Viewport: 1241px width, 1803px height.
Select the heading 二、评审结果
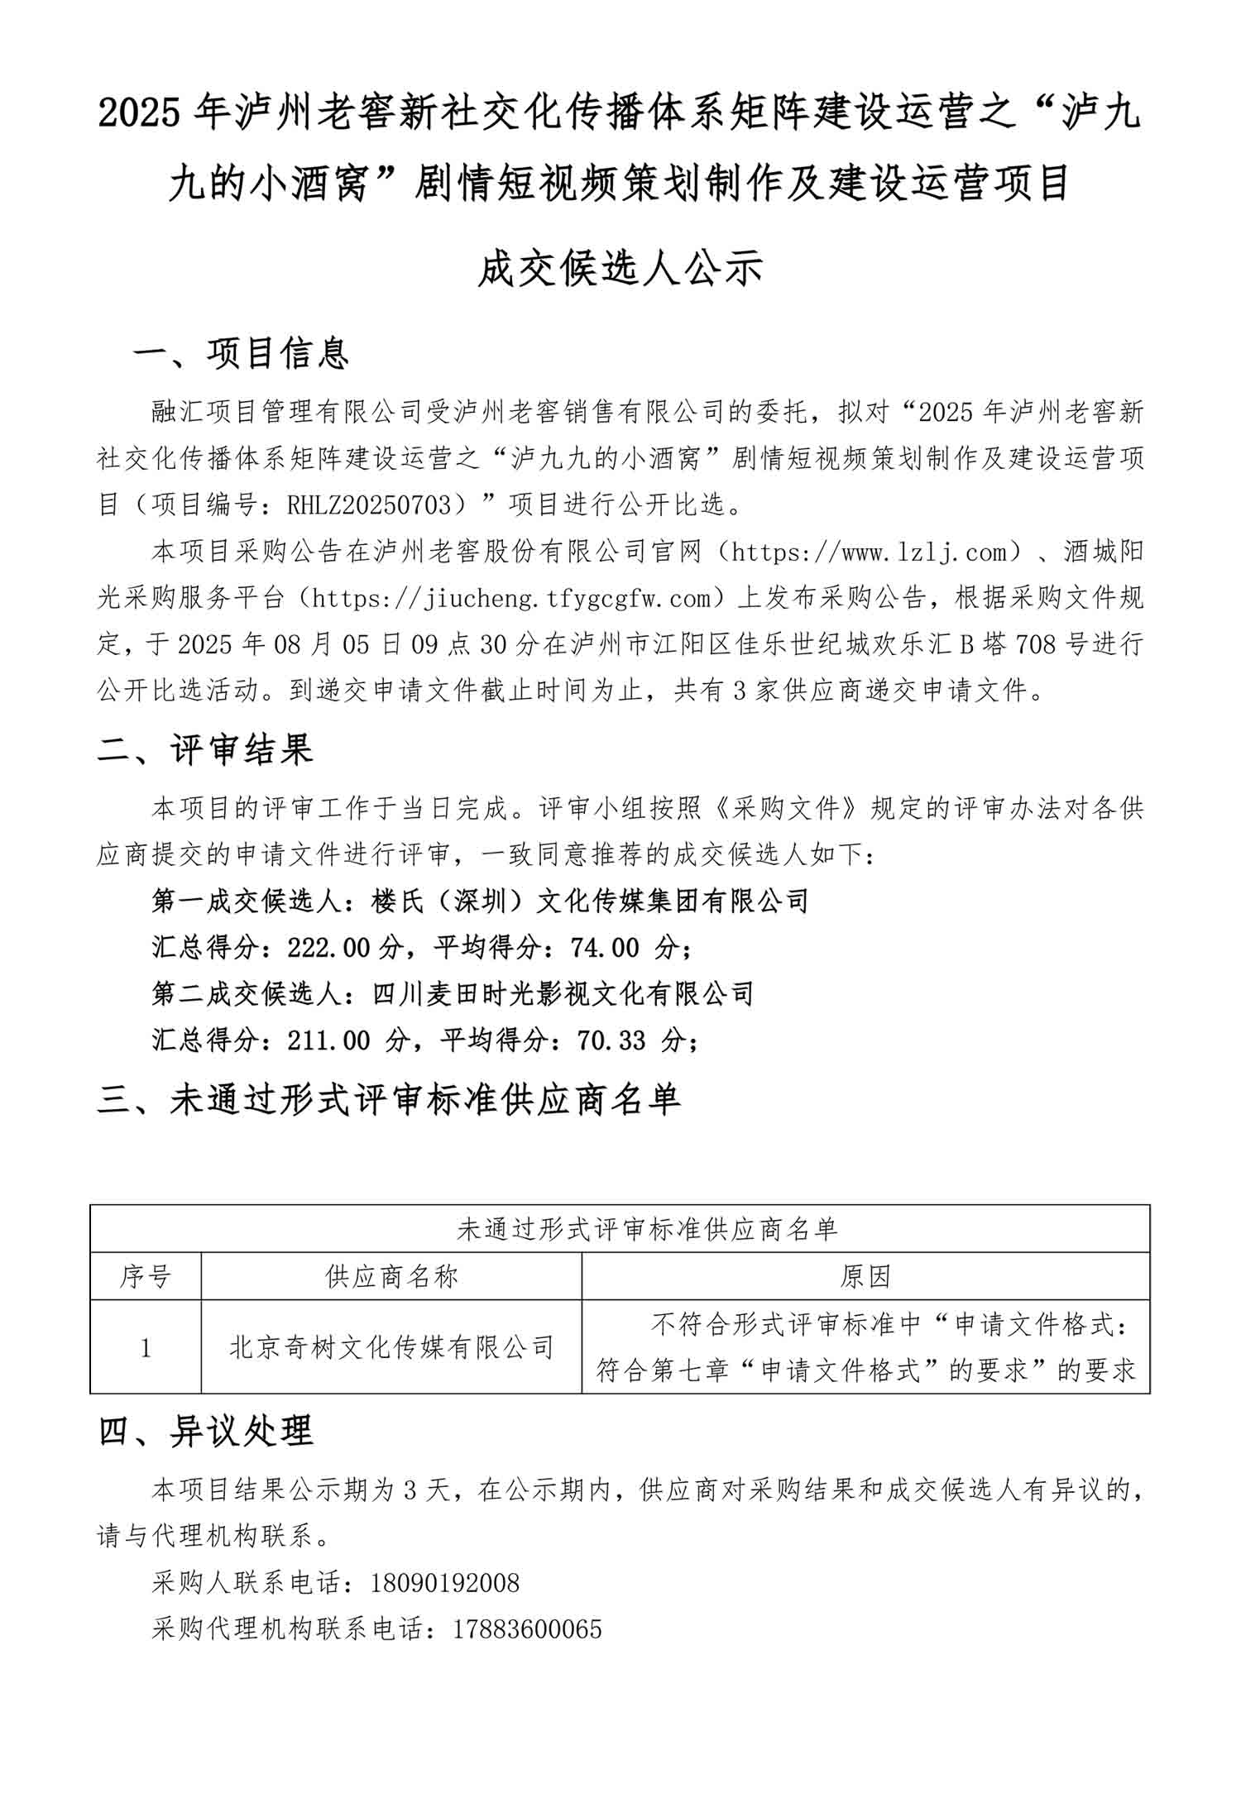[205, 749]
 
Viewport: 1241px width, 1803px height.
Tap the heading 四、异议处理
[205, 1430]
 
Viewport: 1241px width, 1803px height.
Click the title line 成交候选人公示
[620, 269]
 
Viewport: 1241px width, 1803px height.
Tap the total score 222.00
[329, 948]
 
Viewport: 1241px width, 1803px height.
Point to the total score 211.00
[329, 1040]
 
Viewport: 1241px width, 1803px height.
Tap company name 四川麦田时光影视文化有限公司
[563, 994]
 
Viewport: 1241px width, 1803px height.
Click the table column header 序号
[146, 1276]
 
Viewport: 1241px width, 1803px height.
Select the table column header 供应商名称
[391, 1276]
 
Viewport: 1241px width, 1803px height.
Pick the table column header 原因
[865, 1276]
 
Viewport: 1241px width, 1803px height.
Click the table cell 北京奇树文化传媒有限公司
[391, 1347]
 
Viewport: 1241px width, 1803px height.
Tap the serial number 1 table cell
[146, 1348]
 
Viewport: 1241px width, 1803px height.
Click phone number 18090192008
[445, 1583]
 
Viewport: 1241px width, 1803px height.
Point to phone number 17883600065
[528, 1629]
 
